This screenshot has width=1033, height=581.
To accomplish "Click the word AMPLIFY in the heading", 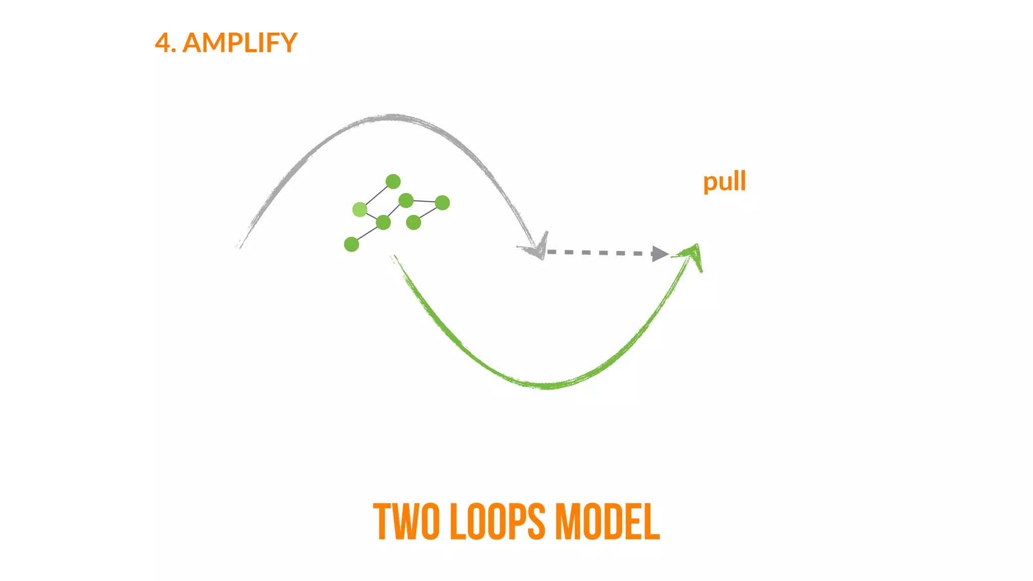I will click(x=240, y=43).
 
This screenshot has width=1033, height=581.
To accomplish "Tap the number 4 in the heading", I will click(x=162, y=43).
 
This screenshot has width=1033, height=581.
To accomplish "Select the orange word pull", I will click(x=724, y=182).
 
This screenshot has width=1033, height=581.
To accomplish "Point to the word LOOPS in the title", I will click(x=497, y=522).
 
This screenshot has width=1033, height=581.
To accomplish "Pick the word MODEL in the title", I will click(x=607, y=522).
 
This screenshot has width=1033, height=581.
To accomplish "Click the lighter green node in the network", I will click(x=360, y=209).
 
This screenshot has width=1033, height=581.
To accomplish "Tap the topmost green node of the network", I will click(x=393, y=182).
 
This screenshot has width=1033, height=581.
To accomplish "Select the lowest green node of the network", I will click(x=352, y=245).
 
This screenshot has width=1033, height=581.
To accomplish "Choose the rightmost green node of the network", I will click(x=442, y=203).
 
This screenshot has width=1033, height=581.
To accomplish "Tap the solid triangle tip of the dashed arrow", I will click(x=660, y=254).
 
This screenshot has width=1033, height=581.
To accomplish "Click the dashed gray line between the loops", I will click(x=600, y=252).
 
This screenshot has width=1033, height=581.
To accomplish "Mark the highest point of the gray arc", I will click(x=391, y=118).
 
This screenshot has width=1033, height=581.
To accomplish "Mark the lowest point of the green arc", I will click(x=547, y=386).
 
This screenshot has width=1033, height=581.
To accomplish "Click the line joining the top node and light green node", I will click(x=376, y=195).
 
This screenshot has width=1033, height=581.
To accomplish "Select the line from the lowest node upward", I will click(x=367, y=234).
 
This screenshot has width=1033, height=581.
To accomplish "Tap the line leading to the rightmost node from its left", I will click(x=424, y=201).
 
